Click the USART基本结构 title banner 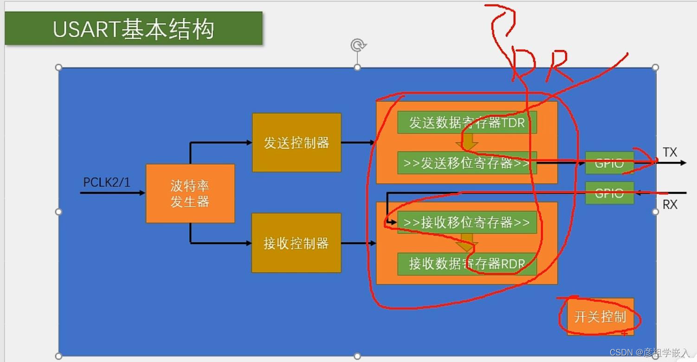pyautogui.click(x=133, y=29)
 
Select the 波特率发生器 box pyautogui.click(x=190, y=193)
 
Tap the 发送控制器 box pyautogui.click(x=297, y=143)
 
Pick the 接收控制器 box pyautogui.click(x=296, y=243)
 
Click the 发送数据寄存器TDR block pyautogui.click(x=466, y=122)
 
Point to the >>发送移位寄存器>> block pyautogui.click(x=466, y=163)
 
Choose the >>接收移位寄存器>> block pyautogui.click(x=466, y=222)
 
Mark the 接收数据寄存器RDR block pyautogui.click(x=466, y=264)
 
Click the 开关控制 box pyautogui.click(x=600, y=317)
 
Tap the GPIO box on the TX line pyautogui.click(x=609, y=163)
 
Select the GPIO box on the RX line pyautogui.click(x=609, y=193)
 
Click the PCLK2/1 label pyautogui.click(x=107, y=182)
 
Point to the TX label pyautogui.click(x=670, y=152)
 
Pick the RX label pyautogui.click(x=670, y=204)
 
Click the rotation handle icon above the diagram pyautogui.click(x=358, y=45)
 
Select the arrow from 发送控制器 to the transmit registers pyautogui.click(x=358, y=142)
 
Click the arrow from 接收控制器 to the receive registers pyautogui.click(x=358, y=243)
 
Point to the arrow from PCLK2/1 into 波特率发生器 pyautogui.click(x=113, y=192)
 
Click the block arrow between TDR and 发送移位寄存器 pyautogui.click(x=467, y=142)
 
